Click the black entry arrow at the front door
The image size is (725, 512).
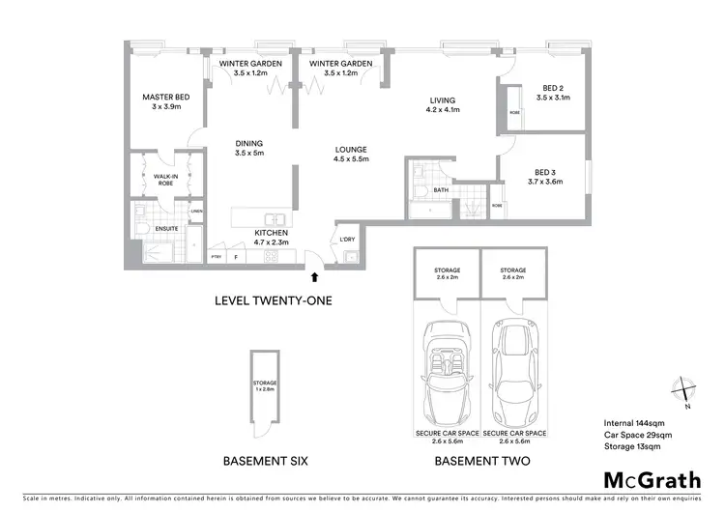312,278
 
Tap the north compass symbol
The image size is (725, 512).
684,391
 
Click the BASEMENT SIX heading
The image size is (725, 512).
265,461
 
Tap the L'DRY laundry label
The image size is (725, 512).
347,239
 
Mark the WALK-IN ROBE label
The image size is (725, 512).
163,180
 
